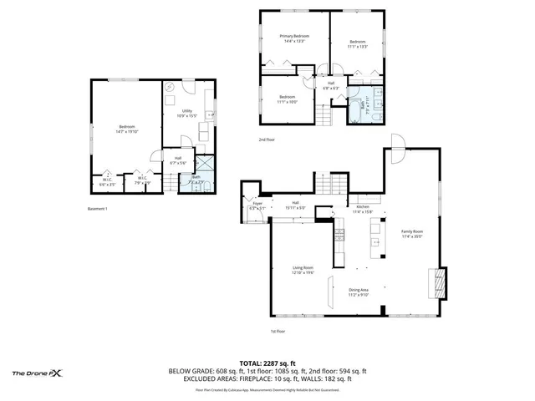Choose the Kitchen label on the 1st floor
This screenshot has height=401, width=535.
[x=362, y=210]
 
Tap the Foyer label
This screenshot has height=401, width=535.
[x=257, y=206]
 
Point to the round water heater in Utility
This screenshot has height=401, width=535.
[x=168, y=87]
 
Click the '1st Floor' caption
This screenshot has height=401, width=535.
[x=278, y=331]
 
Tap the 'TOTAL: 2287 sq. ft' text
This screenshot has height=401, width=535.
[x=267, y=363]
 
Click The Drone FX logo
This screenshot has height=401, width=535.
[x=38, y=373]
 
